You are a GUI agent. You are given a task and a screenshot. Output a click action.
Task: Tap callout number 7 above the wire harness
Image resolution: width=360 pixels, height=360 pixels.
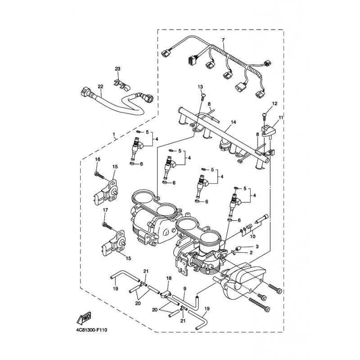point(223,40)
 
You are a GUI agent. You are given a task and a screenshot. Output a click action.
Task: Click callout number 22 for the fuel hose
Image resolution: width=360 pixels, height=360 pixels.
point(100,86)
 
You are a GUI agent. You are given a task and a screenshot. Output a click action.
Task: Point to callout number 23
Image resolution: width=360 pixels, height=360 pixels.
point(117,69)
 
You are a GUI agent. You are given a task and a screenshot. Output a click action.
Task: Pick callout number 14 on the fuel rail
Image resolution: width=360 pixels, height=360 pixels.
point(233,122)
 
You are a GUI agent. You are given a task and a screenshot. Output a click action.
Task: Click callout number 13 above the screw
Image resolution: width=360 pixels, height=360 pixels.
point(200,87)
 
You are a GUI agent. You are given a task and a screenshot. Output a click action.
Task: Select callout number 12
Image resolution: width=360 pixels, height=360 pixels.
point(274,103)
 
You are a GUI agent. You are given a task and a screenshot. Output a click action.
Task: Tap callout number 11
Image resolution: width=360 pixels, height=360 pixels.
point(281,117)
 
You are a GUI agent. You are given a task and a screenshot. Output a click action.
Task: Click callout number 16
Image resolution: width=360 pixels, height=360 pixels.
point(98,159)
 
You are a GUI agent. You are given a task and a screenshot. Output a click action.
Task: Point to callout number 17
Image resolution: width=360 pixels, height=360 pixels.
point(105,210)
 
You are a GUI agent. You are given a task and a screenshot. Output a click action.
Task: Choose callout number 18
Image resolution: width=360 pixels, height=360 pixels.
point(169,278)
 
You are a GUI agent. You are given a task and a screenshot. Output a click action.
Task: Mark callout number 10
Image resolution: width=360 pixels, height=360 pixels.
point(253,236)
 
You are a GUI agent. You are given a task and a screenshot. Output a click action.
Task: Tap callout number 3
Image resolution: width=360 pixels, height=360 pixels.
point(257,247)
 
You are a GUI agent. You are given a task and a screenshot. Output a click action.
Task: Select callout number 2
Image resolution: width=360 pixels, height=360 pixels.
point(251,252)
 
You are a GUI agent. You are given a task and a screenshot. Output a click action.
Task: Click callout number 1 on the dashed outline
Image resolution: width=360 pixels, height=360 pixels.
point(114,134)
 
